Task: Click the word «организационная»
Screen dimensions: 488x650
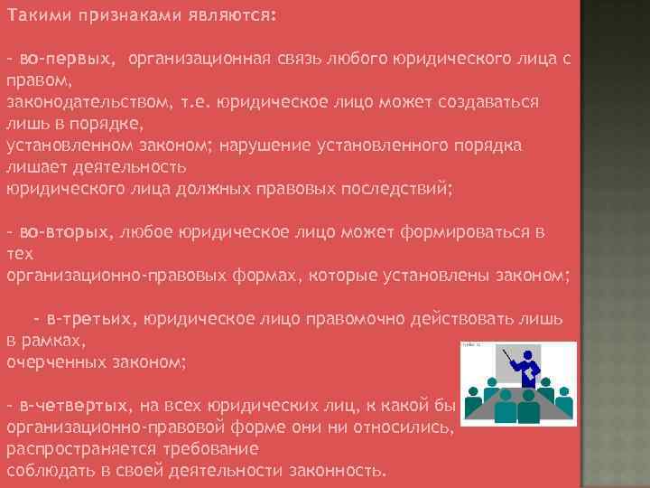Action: pos(199,59)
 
